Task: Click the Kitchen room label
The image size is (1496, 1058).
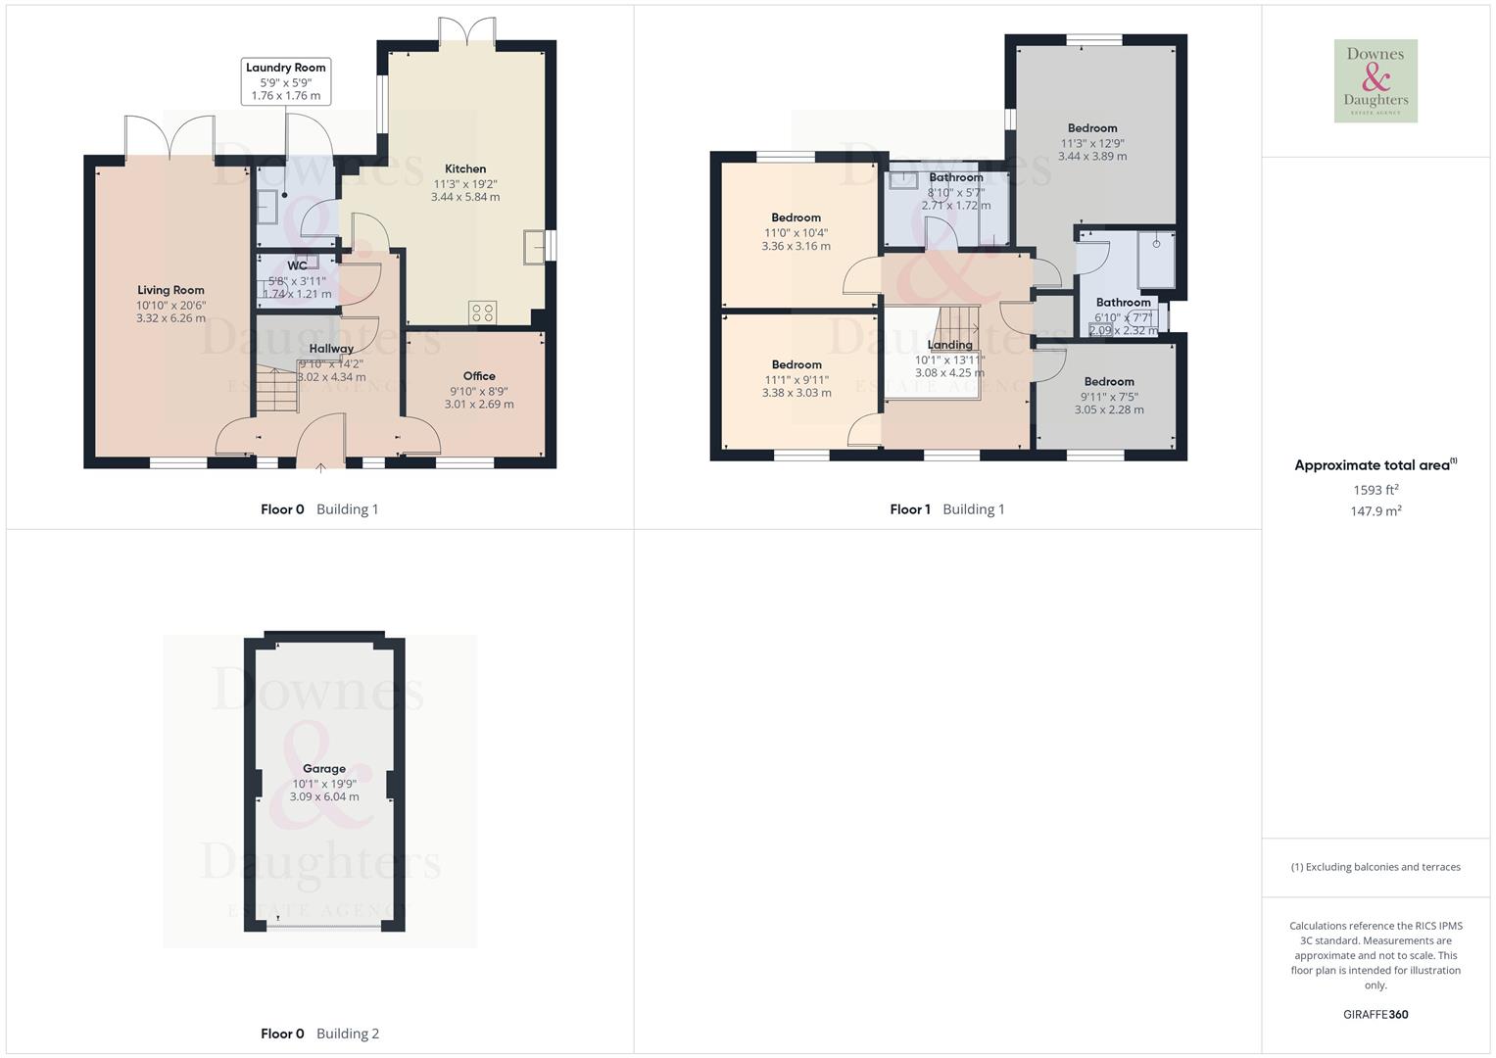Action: coord(465,168)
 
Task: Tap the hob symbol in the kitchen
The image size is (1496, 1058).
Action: coord(483,313)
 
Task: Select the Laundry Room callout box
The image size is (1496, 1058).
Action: coord(285,81)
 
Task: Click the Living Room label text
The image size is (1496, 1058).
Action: coord(170,290)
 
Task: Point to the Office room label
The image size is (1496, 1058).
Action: coord(479,376)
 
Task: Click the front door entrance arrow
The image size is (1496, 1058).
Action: coord(320,467)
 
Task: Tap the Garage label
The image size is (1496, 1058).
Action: coord(324,769)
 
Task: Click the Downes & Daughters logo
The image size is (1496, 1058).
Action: coord(1375,81)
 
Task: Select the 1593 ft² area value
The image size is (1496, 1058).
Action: coord(1375,490)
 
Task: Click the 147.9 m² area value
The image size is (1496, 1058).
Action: coord(1375,511)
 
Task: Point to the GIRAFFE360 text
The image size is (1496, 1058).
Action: coord(1375,1014)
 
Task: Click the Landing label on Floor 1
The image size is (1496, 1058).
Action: coord(949,345)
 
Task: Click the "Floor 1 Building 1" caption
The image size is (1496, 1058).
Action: coord(946,509)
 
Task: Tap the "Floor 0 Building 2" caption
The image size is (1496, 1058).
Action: coord(319,1034)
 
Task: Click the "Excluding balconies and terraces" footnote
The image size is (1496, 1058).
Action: coord(1375,867)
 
